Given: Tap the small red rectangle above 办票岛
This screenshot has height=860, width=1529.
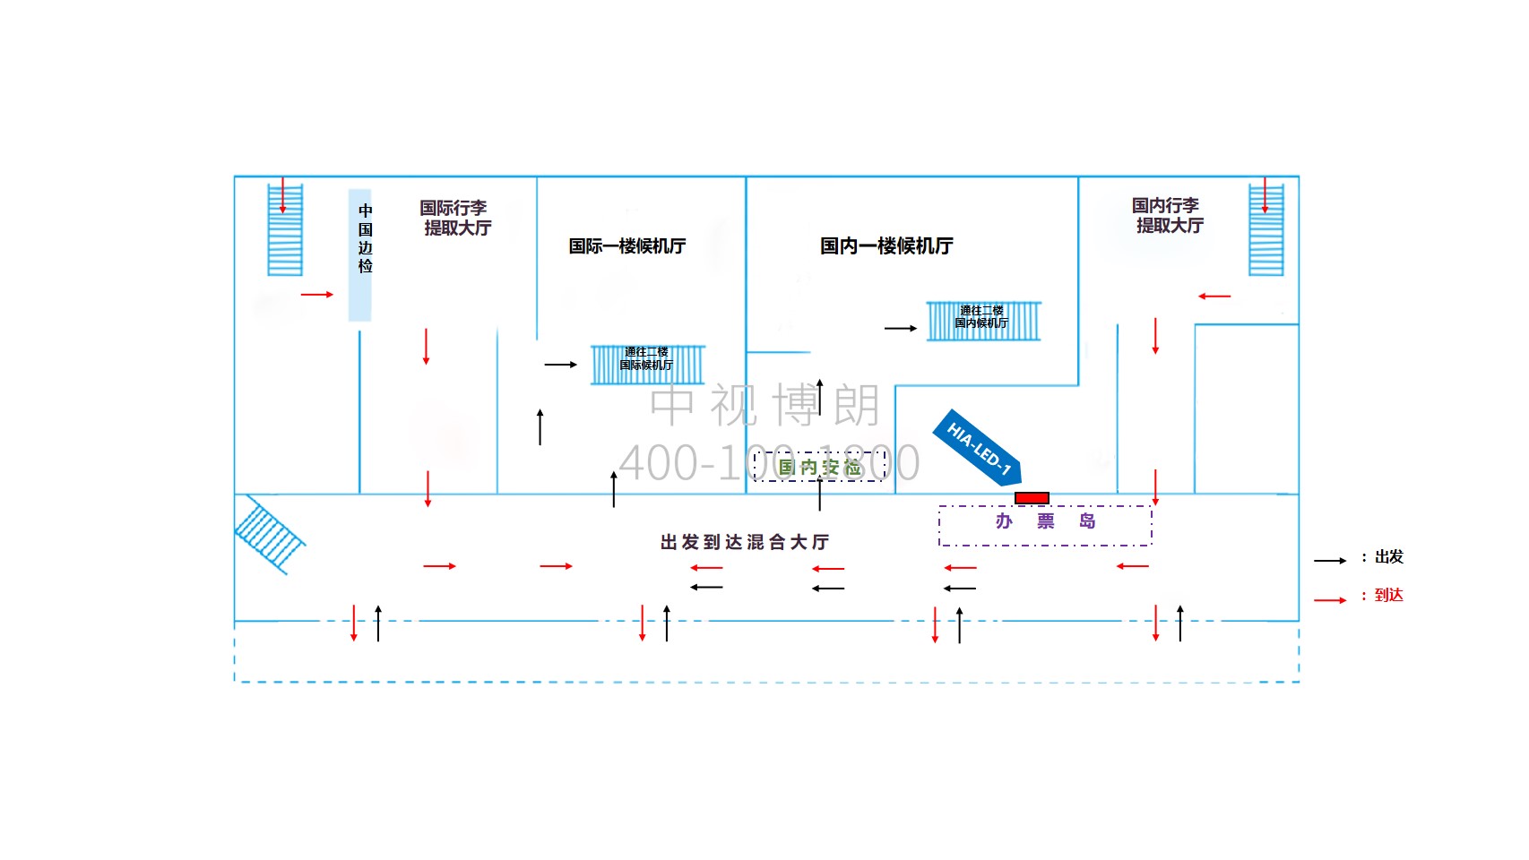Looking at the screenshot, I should click(1032, 498).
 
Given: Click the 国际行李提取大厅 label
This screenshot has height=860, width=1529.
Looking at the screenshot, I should click(456, 218).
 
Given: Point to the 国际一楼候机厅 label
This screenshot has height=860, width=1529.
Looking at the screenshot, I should click(627, 245).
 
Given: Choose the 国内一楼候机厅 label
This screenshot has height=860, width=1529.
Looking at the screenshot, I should click(886, 245).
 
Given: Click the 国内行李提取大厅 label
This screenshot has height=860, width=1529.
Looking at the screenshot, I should click(1167, 216).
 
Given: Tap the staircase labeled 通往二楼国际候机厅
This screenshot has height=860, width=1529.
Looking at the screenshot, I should click(647, 365).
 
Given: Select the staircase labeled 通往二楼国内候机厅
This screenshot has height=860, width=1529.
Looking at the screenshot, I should click(983, 321).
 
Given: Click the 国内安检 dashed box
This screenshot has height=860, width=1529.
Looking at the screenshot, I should click(820, 467).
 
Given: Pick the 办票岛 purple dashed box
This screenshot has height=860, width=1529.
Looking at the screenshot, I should click(1045, 525).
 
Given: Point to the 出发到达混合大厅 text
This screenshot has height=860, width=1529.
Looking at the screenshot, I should click(745, 542).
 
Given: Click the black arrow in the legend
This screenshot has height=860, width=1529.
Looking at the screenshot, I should click(1330, 561).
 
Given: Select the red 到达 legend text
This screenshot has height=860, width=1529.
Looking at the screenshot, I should click(1388, 595).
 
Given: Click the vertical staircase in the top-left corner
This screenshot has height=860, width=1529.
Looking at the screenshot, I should click(285, 230).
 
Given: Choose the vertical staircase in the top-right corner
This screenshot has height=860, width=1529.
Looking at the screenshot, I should click(1266, 230).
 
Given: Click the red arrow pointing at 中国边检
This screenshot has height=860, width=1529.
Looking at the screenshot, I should click(316, 294).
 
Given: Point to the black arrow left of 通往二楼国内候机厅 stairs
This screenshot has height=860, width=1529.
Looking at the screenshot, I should click(900, 329).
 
